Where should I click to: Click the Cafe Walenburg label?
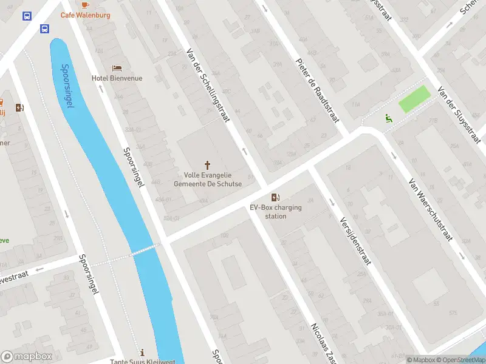point(85,15)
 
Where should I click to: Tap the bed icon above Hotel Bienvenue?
point(117,68)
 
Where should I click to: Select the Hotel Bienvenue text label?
point(117,78)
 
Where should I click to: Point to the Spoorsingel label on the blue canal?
point(67,86)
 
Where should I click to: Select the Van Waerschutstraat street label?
point(431,209)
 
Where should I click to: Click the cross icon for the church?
point(208,164)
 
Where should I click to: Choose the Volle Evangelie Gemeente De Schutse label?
point(208,180)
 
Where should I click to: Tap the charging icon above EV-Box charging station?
point(276,197)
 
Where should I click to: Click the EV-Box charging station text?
point(276,212)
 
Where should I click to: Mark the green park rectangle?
point(414,99)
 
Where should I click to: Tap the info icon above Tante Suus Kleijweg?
point(142,352)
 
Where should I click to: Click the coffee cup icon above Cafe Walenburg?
point(85,4)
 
